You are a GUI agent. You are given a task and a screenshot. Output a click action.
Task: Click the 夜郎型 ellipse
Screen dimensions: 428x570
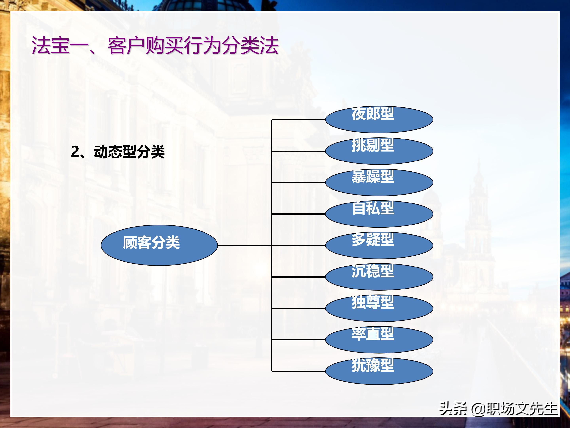[379, 120]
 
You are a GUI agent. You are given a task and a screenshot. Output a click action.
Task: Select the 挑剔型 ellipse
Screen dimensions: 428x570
[379, 151]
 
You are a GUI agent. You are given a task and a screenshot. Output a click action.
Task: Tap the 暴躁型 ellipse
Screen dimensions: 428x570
[379, 183]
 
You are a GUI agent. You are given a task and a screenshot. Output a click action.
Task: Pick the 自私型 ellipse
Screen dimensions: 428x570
[379, 214]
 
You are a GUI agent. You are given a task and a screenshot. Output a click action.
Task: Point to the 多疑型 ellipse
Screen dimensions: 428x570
[379, 246]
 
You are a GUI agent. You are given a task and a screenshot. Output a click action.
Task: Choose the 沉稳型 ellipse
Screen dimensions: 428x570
[379, 277]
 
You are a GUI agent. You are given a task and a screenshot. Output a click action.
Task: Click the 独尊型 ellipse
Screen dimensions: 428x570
[379, 308]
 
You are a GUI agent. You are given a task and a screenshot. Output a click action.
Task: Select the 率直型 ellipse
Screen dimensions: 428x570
[379, 340]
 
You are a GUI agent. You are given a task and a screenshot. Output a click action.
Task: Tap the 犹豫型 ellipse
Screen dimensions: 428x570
[379, 372]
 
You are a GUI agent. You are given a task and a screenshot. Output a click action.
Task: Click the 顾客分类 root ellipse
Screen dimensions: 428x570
[159, 245]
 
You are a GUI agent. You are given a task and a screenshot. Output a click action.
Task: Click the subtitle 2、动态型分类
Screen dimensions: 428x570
[118, 152]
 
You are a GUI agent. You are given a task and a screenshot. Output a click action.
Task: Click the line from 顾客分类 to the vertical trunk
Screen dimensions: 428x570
[244, 246]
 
